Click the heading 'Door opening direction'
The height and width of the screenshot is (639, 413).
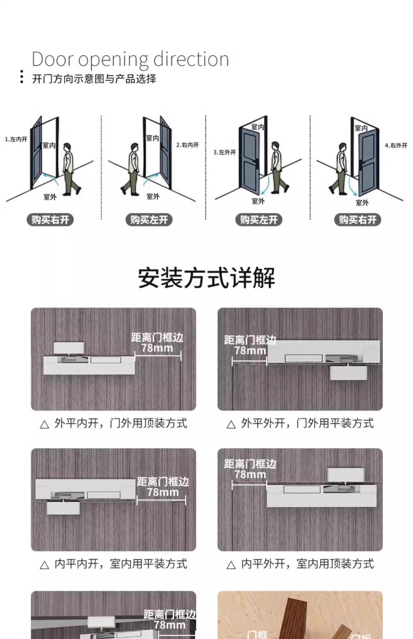130,60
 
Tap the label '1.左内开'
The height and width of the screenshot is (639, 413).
16,139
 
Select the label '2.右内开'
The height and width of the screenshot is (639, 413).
187,145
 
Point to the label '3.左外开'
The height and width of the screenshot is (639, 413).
224,152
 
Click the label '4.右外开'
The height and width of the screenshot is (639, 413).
396,145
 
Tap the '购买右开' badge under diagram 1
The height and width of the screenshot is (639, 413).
50,220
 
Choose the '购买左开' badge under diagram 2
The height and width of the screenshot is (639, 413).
149,220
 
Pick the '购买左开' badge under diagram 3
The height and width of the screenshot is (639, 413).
259,220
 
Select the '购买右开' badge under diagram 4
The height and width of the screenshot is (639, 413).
357,220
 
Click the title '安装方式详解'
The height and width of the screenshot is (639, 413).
206,278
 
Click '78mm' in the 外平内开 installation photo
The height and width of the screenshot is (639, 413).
157,348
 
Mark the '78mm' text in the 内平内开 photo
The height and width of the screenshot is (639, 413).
163,492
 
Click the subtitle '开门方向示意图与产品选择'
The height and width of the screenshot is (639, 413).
94,79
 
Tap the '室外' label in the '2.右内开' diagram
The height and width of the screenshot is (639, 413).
153,196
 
